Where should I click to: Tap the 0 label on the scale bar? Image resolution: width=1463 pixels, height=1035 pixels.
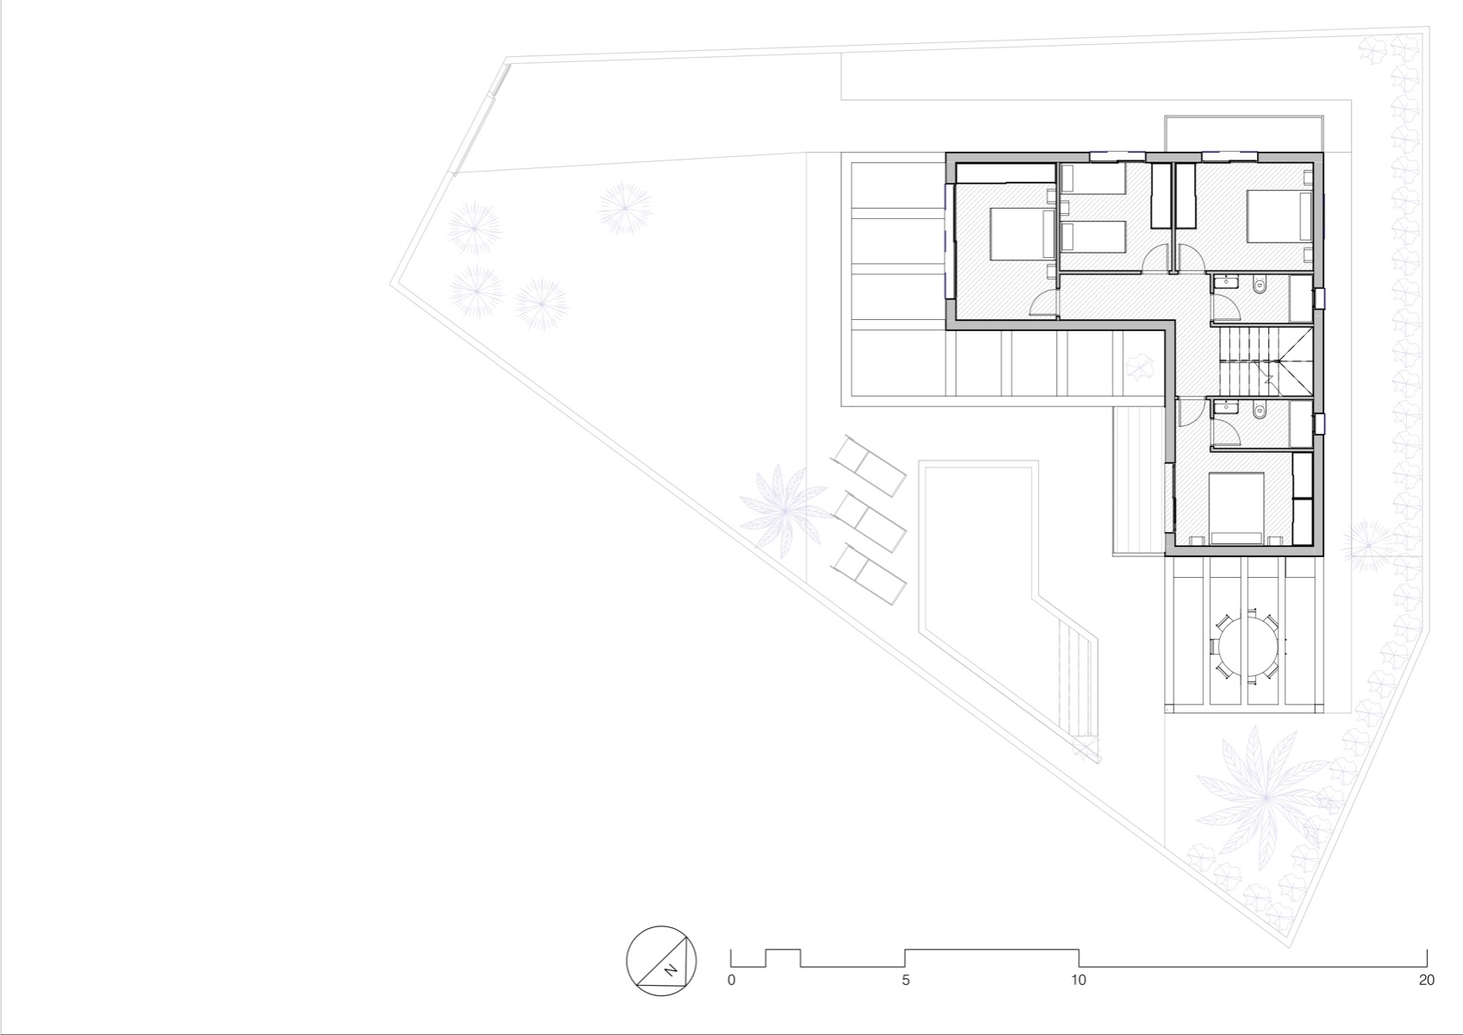pyautogui.click(x=732, y=981)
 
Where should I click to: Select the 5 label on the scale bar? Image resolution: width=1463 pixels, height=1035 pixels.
pyautogui.click(x=905, y=981)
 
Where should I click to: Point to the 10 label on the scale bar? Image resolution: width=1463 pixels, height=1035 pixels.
pyautogui.click(x=1078, y=981)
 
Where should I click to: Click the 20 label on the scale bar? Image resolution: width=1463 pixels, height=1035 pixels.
pyautogui.click(x=1426, y=981)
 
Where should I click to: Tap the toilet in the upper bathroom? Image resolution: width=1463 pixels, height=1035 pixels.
pyautogui.click(x=1260, y=284)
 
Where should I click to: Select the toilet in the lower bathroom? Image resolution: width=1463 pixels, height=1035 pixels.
pyautogui.click(x=1260, y=411)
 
